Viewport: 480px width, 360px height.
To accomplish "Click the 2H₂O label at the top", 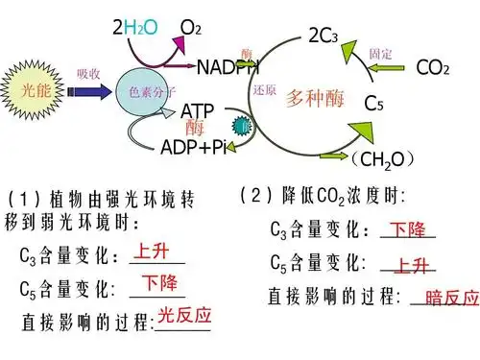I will [135, 30].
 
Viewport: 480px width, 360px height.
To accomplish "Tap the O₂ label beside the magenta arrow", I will [191, 30].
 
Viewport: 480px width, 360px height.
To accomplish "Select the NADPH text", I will [228, 67].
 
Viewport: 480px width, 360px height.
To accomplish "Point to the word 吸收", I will [88, 74].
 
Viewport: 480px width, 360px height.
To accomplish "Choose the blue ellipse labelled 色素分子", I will [149, 91].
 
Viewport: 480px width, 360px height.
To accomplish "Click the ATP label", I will [198, 111].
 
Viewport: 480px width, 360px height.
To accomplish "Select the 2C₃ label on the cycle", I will [323, 36].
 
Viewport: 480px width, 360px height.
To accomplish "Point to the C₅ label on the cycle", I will [373, 103].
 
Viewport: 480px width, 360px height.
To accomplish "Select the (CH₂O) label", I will [383, 157].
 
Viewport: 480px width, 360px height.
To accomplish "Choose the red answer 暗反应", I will [451, 298].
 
